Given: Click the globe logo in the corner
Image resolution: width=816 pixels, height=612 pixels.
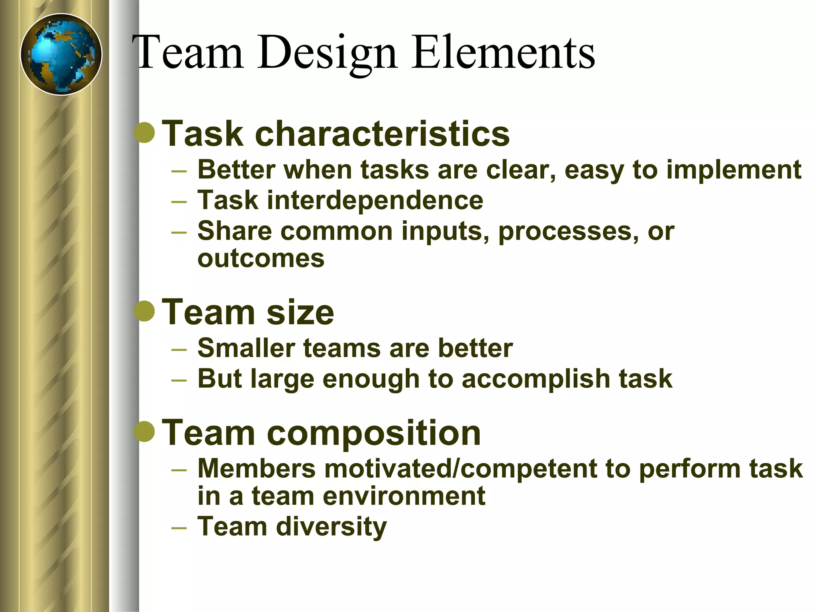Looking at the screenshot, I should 61,55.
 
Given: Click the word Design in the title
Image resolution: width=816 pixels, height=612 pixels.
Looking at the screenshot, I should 327,53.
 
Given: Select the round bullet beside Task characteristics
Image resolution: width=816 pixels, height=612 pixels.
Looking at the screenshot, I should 144,133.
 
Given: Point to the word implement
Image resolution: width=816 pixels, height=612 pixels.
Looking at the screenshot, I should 734,170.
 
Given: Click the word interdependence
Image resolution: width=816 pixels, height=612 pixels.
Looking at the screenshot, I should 375,200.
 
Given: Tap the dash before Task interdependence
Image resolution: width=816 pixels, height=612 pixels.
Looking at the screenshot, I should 179,202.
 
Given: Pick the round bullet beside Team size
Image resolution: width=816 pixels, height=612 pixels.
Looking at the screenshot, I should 144,311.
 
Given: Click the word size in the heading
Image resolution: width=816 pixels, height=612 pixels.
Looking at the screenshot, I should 300,312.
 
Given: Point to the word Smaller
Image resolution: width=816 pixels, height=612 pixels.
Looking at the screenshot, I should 246,348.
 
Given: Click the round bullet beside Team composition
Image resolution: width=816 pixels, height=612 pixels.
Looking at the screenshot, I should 144,432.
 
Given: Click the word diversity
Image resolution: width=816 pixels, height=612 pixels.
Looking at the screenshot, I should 331,526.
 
